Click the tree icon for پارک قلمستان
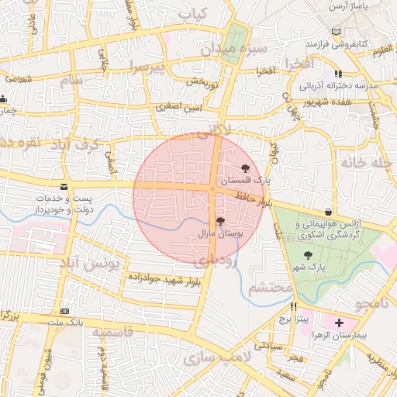click(x=246, y=168)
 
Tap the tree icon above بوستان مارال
click(x=220, y=222)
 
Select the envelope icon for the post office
click(x=63, y=187)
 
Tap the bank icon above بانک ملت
click(x=65, y=309)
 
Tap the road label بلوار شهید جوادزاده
click(x=155, y=277)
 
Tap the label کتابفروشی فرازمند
click(x=361, y=44)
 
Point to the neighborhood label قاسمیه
click(x=113, y=331)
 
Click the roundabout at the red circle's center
click(x=212, y=188)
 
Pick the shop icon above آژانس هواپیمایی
click(x=329, y=212)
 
